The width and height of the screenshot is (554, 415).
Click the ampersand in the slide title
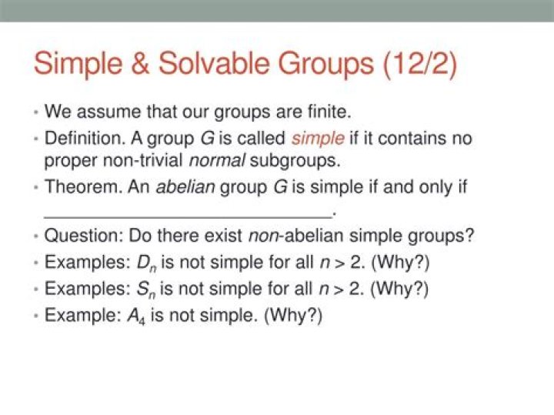140,63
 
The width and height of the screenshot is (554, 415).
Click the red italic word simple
318,139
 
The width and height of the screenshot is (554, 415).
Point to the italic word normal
217,161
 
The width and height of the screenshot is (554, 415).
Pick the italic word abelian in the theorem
185,186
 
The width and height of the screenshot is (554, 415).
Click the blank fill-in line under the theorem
188,217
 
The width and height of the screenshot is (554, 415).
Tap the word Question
84,236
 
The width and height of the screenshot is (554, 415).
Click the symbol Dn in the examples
147,263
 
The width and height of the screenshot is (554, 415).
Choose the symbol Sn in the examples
146,289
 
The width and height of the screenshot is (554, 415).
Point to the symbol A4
136,316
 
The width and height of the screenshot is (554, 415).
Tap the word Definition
85,139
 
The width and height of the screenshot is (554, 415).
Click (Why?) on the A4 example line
293,316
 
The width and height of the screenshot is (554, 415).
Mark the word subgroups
295,161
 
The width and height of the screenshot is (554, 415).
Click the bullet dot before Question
36,236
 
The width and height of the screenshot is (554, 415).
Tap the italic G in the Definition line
208,139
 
